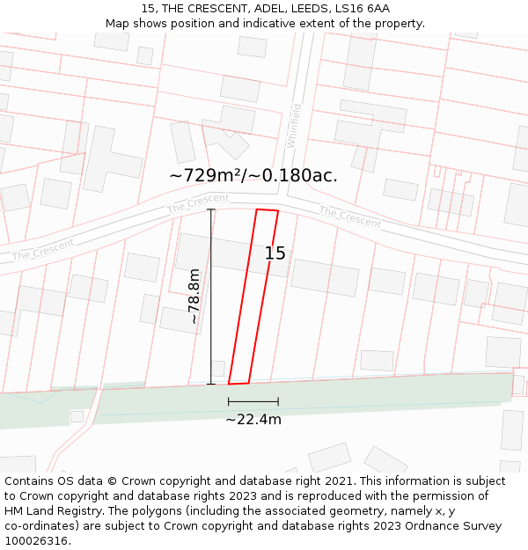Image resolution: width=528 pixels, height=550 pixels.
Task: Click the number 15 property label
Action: pos(275,253)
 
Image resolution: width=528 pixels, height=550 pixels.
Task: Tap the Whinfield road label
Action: pos(295,126)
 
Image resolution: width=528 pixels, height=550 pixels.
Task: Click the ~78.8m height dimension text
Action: pos(194,297)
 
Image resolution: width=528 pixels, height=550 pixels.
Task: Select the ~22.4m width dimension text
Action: pos(253,420)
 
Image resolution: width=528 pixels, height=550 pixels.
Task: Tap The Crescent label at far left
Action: pos(44,250)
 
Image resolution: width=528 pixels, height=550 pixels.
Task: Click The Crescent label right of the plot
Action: pos(349,216)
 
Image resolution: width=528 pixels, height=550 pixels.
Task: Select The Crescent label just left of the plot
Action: pos(198,203)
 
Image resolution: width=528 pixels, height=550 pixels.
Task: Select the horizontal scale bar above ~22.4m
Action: pos(253,401)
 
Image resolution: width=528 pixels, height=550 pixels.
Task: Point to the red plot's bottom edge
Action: pos(238,383)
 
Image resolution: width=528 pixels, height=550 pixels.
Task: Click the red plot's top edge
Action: pos(267,210)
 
